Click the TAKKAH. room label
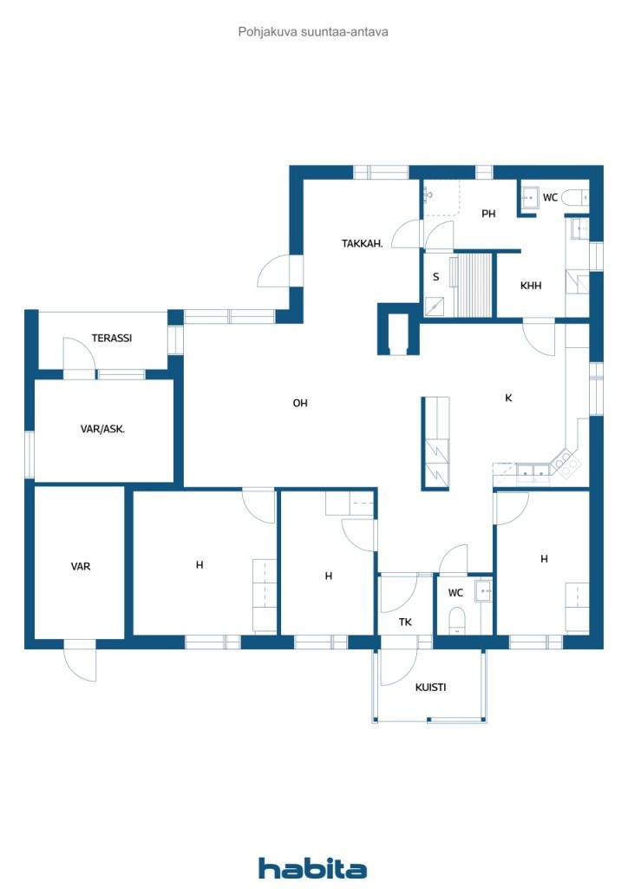pos(362,244)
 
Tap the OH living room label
pos(300,403)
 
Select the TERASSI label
pos(112,338)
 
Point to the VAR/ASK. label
pos(102,429)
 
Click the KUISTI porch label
pos(430,688)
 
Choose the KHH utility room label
pos(531,286)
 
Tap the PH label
pos(488,214)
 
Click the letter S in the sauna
pos(435,277)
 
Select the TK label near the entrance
pos(405,622)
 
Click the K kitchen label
pos(508,398)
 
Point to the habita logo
pos(312,868)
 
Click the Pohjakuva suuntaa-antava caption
pos(313,32)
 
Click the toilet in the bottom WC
pos(456,621)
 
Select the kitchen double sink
pos(533,471)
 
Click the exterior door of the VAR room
pos(80,661)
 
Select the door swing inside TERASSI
pos(79,355)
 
